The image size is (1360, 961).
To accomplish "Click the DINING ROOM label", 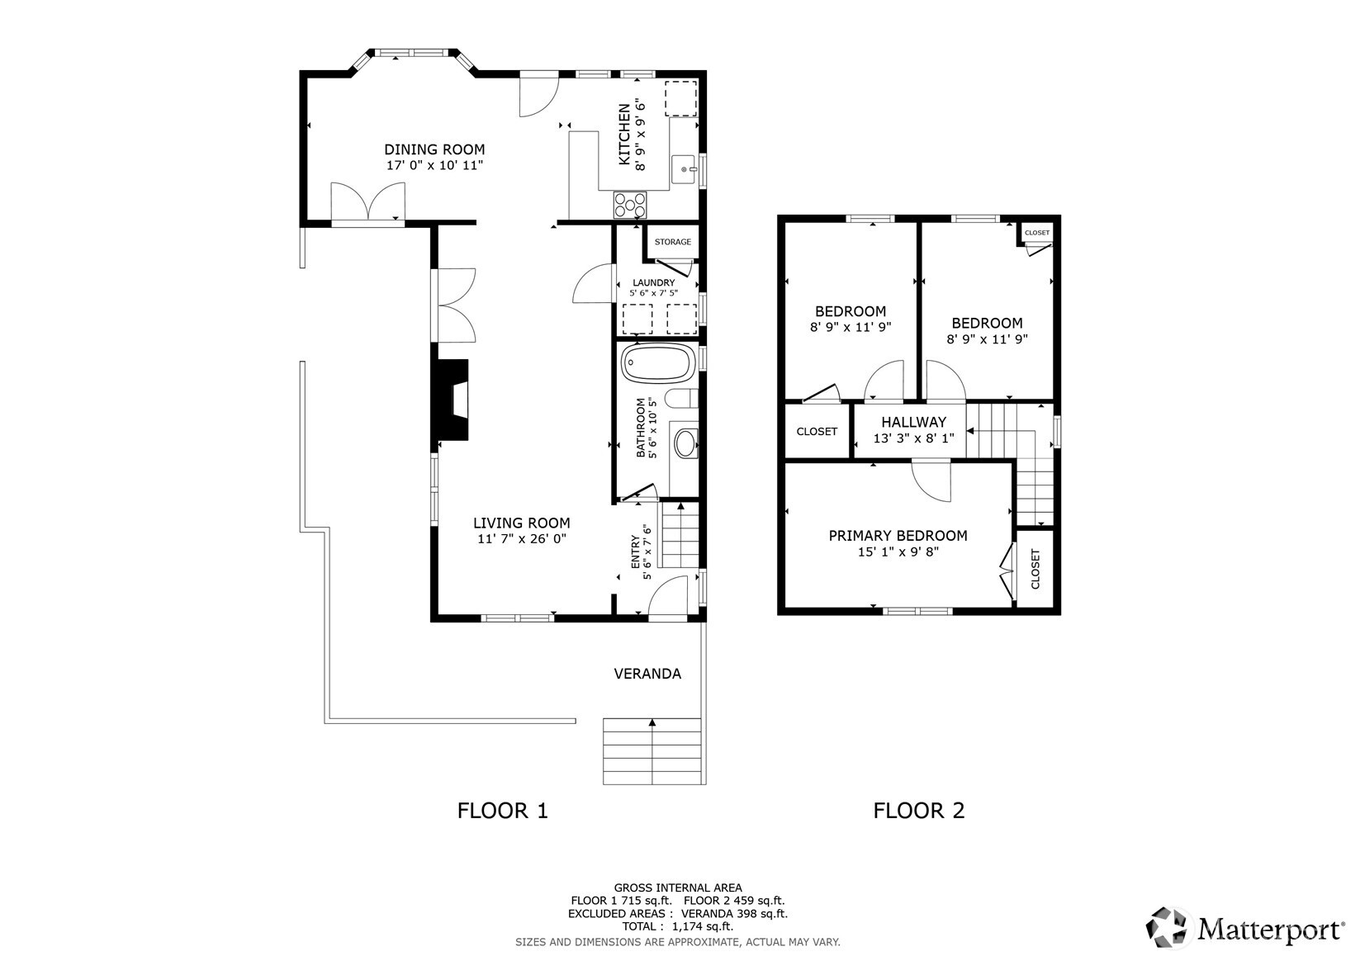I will tap(434, 149).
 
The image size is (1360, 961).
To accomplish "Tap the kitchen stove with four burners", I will tap(629, 203).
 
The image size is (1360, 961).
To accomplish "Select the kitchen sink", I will tap(685, 169).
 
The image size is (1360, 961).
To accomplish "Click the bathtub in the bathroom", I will tap(657, 363).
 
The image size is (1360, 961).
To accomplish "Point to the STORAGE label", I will tap(672, 242).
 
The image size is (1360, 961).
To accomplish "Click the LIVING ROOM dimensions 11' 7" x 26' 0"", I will tap(521, 539).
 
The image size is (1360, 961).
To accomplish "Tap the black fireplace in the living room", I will tap(453, 400).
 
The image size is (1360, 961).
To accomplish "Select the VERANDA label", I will tap(647, 674).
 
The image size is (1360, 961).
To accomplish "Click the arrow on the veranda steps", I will tap(652, 724).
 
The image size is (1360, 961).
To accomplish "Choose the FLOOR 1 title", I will tap(502, 811).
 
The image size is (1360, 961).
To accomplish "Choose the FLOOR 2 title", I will tap(918, 811).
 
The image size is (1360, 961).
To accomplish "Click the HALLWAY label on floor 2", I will tap(913, 422).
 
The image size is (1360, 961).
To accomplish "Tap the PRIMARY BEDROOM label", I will tap(898, 536).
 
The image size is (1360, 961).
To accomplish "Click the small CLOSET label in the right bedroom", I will tap(1036, 233).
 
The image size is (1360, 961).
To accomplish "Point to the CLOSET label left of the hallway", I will tap(817, 432).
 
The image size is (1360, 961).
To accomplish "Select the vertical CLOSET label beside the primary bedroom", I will tap(1035, 569).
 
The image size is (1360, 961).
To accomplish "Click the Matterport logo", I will tap(1245, 928).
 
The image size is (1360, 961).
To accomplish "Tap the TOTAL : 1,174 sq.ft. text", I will tap(677, 926).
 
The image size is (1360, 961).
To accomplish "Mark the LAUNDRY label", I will tap(653, 282).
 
